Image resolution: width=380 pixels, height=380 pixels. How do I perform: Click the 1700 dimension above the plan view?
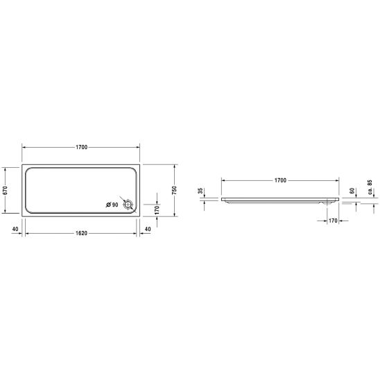pos(81,147)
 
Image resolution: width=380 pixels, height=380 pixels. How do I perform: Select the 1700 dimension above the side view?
pos(280,180)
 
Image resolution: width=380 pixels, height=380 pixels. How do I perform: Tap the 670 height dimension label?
pos(6,190)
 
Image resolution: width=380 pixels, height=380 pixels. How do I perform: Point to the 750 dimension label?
pos(174,190)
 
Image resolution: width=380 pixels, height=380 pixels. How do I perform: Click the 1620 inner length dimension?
pos(81,233)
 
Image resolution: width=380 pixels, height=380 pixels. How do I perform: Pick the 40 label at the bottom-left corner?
pos(15,229)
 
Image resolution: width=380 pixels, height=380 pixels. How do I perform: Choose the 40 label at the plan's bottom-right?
pos(148,229)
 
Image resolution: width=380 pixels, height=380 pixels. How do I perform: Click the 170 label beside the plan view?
pos(157,210)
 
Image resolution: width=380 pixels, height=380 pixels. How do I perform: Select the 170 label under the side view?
pos(333,221)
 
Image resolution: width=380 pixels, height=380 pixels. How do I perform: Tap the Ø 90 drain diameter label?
pos(112,205)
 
